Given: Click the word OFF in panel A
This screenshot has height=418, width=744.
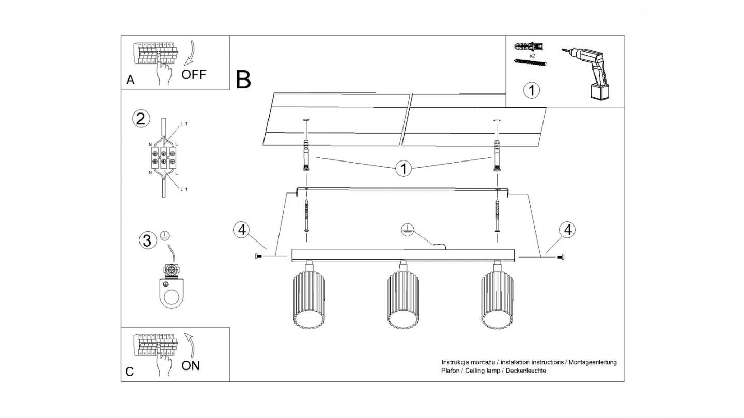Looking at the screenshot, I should [x=194, y=74].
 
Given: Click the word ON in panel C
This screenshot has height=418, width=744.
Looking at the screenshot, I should [x=191, y=366].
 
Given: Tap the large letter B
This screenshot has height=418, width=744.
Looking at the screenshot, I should [x=243, y=79].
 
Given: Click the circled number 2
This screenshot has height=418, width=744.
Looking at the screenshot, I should [x=141, y=119].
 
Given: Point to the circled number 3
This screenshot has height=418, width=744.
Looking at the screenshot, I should [x=148, y=240].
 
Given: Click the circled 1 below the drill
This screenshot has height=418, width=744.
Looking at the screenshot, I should [x=532, y=90].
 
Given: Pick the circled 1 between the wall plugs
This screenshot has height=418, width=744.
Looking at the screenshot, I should [x=404, y=168].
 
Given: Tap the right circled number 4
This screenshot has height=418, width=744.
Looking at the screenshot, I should [x=567, y=230].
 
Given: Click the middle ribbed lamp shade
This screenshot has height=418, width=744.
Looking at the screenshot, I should [x=403, y=302].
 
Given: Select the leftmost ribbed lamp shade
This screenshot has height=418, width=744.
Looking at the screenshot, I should [x=308, y=302].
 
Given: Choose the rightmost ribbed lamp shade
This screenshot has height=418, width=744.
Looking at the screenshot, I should [x=497, y=302].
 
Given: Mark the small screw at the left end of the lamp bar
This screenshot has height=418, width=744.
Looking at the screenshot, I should [x=258, y=256].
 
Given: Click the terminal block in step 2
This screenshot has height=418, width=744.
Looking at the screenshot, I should [x=163, y=157].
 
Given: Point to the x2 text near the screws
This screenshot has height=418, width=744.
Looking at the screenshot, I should [x=532, y=54].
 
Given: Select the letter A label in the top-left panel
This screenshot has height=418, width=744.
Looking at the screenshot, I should [x=131, y=80].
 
